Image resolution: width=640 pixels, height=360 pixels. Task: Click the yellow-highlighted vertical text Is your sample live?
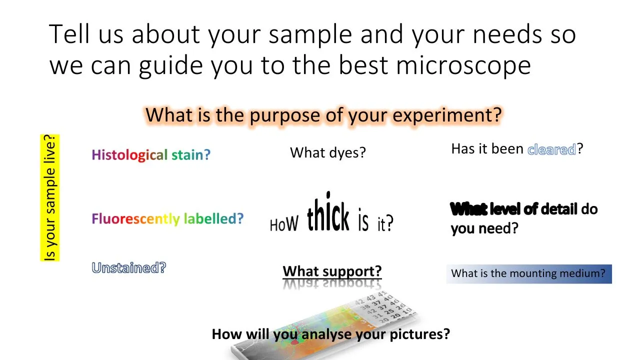(50, 197)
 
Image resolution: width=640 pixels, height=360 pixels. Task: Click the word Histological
(129, 154)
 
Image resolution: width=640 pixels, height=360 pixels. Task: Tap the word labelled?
(213, 218)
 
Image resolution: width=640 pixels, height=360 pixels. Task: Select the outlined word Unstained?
(128, 268)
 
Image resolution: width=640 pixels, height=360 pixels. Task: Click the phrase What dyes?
(328, 152)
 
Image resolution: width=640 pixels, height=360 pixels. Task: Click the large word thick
(328, 215)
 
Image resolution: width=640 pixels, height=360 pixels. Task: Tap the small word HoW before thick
(283, 224)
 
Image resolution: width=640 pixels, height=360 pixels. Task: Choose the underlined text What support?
(332, 271)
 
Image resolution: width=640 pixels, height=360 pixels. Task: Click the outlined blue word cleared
(552, 149)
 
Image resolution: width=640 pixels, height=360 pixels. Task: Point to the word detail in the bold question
(558, 209)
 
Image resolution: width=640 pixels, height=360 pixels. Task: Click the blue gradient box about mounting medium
(528, 273)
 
